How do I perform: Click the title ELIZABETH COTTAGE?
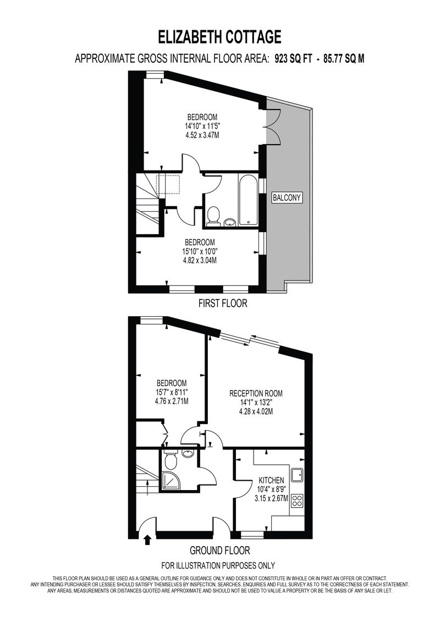click(220, 37)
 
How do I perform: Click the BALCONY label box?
click(287, 197)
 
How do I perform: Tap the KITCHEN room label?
click(271, 480)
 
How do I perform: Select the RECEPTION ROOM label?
click(256, 394)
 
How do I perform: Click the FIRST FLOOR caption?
click(223, 304)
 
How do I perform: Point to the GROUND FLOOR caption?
click(220, 551)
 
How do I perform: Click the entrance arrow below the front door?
click(147, 540)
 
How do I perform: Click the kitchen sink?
click(296, 475)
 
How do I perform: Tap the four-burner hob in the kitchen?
click(297, 500)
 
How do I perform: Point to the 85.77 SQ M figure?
click(344, 59)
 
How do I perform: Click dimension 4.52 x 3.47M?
click(202, 135)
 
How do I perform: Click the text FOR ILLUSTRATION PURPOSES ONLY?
click(218, 565)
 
